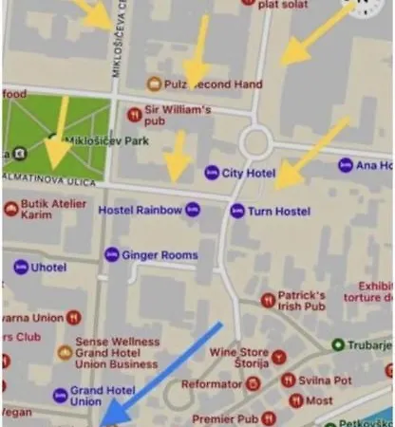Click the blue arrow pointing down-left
tap(161, 370)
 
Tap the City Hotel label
tap(249, 173)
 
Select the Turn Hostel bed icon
tap(237, 211)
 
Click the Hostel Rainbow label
tap(140, 210)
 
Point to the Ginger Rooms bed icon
tap(112, 254)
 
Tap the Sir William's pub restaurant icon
tap(134, 115)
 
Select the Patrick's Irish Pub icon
tap(269, 301)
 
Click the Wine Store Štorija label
tap(238, 357)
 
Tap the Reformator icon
tap(253, 384)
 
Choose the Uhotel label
tap(48, 268)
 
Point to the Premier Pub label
tap(225, 418)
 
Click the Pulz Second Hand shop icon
tap(153, 84)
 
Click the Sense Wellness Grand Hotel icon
tap(65, 352)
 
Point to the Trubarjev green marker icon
tap(338, 344)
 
